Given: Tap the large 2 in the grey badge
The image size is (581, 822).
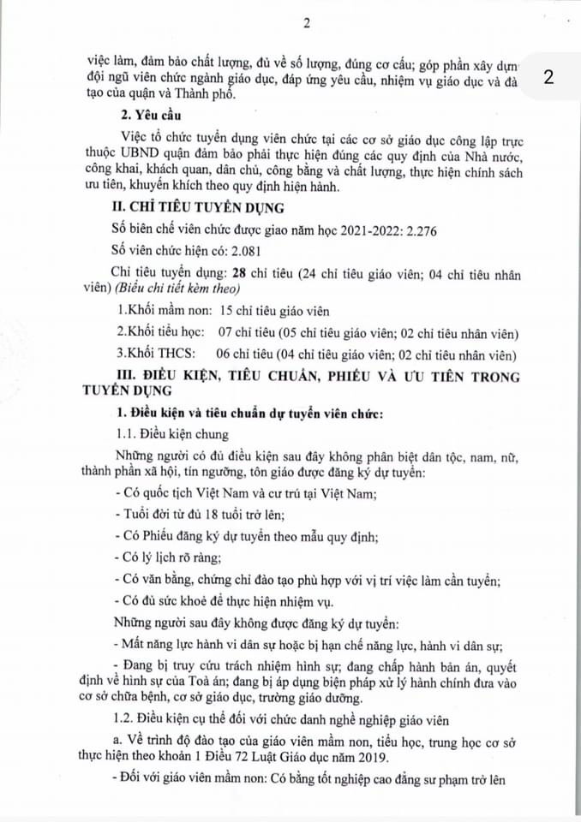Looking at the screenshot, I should tap(548, 77).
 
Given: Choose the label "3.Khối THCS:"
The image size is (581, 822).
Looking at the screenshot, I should tap(153, 354).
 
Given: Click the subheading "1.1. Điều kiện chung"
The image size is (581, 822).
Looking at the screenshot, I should tap(172, 434).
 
